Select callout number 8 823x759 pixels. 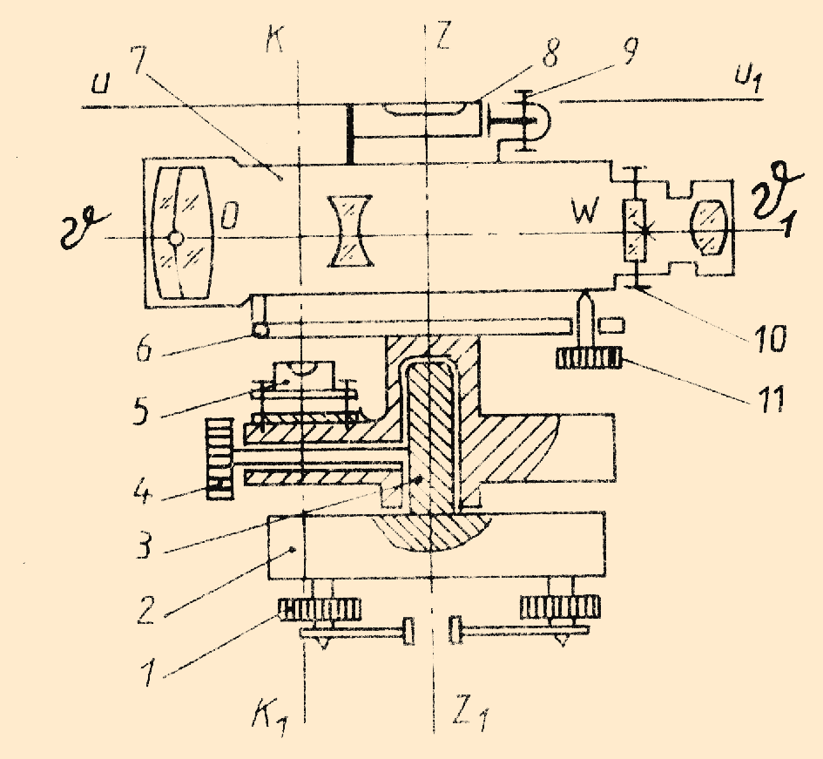click(550, 52)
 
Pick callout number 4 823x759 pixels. click(142, 493)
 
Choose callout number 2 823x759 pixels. click(146, 609)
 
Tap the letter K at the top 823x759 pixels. click(274, 38)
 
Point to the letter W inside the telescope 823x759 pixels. click(585, 211)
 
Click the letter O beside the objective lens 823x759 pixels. click(229, 216)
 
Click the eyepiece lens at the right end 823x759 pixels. click(709, 229)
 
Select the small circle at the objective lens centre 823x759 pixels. click(176, 239)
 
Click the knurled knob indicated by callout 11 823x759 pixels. click(589, 359)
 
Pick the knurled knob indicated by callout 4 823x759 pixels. click(219, 459)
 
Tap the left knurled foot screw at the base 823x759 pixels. click(321, 609)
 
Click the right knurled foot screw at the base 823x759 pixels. click(560, 607)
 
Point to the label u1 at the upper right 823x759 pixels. click(748, 78)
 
